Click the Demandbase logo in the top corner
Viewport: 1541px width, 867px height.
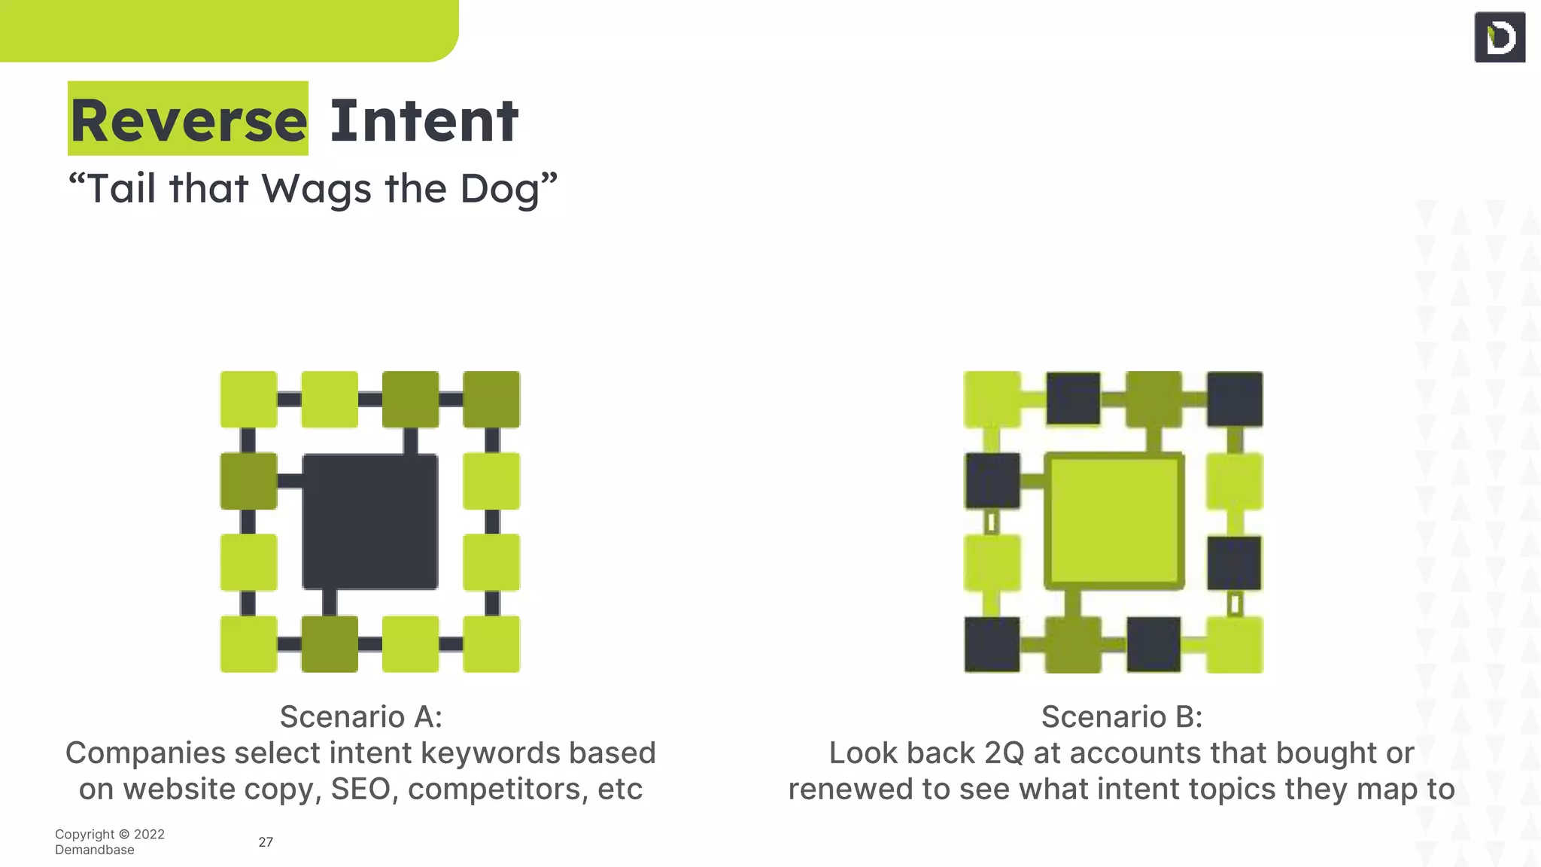(x=1500, y=37)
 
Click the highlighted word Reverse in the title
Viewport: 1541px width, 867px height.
(x=188, y=120)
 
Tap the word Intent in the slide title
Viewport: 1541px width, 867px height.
(x=424, y=120)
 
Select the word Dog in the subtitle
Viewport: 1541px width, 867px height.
(x=500, y=188)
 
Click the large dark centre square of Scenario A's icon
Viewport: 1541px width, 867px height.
(x=369, y=522)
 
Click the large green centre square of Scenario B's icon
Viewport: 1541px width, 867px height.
(x=1114, y=522)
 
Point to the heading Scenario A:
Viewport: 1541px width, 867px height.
(x=360, y=716)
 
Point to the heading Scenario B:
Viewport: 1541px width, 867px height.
(x=1121, y=716)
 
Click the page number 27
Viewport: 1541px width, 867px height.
(x=266, y=842)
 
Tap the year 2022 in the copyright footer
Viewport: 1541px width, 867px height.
(x=149, y=834)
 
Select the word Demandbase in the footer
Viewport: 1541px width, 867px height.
(x=95, y=850)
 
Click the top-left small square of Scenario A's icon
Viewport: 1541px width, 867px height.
(x=248, y=399)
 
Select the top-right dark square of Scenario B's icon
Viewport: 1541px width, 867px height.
(x=1235, y=399)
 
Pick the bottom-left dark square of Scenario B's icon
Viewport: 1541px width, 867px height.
(x=992, y=644)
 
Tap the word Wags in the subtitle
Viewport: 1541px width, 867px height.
(x=316, y=188)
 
